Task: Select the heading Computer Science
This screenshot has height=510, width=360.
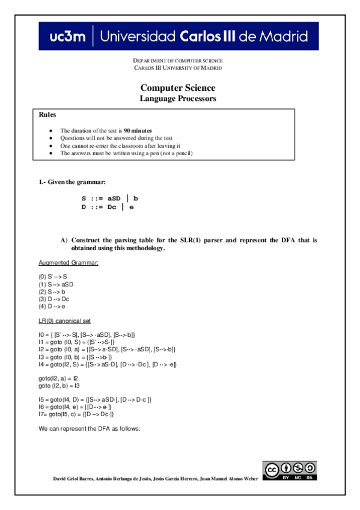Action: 177,88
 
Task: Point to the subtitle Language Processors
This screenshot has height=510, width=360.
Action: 177,99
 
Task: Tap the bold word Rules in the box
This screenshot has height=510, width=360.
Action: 47,114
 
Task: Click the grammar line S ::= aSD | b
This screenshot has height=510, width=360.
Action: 111,198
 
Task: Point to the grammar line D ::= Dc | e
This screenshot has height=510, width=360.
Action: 108,207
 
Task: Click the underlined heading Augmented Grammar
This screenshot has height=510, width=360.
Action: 68,263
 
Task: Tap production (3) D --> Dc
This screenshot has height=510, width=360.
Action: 54,298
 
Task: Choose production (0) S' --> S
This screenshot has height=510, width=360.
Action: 53,276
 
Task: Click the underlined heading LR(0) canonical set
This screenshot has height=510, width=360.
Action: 64,320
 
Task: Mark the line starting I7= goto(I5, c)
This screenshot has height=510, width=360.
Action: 76,414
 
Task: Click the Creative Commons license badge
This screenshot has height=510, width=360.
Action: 290,470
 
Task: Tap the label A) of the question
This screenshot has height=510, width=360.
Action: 64,240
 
